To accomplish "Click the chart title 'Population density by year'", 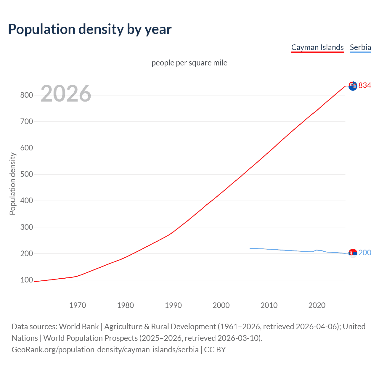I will click(x=90, y=29).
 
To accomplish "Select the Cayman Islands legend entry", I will click(x=317, y=47).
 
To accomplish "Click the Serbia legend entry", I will click(x=360, y=47).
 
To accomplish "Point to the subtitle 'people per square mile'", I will click(x=189, y=63).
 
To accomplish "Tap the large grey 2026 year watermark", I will click(x=66, y=94).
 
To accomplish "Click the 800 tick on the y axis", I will click(x=26, y=95).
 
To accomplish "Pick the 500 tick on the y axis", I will click(x=26, y=174).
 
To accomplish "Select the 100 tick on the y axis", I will click(x=26, y=280).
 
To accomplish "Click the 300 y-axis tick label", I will click(x=26, y=227).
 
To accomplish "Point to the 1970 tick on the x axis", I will click(x=77, y=305).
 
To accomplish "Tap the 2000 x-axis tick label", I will click(x=221, y=305).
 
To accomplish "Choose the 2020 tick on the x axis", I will click(x=317, y=305).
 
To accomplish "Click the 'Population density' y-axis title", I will click(x=12, y=184).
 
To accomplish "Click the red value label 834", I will click(x=365, y=86).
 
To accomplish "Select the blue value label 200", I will click(x=365, y=253).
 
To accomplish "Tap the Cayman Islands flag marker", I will click(x=353, y=86).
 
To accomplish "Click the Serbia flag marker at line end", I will click(x=353, y=253).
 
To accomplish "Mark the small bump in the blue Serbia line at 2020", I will click(x=317, y=250).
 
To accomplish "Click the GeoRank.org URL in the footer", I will click(x=105, y=350).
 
